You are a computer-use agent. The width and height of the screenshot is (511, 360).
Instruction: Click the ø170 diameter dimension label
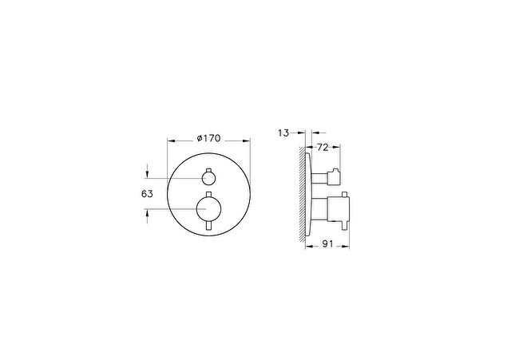(x=208, y=138)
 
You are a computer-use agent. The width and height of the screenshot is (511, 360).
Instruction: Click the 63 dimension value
(x=147, y=194)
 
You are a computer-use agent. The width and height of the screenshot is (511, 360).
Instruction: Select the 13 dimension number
(x=283, y=133)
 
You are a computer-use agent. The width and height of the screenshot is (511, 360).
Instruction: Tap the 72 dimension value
(x=323, y=147)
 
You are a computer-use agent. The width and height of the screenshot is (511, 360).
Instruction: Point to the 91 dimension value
(x=327, y=243)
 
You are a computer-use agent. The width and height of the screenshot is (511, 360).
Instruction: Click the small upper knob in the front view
(x=208, y=178)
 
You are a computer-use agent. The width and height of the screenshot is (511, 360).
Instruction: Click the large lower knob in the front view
(x=209, y=208)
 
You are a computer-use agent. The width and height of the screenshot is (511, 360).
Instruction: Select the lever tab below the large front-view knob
(x=208, y=225)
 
